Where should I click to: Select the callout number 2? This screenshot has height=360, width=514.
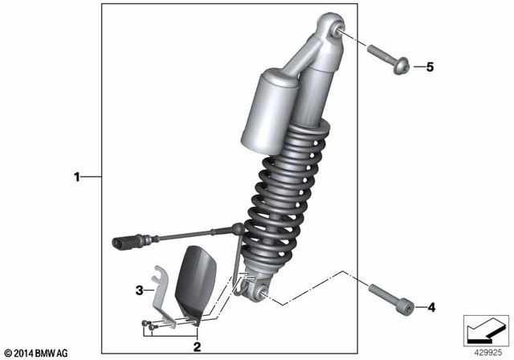pyautogui.click(x=195, y=346)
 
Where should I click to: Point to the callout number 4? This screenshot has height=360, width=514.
pyautogui.click(x=430, y=306)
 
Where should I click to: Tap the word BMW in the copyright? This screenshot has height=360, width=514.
pyautogui.click(x=51, y=353)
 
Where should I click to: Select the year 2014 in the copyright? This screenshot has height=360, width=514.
pyautogui.click(x=26, y=353)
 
